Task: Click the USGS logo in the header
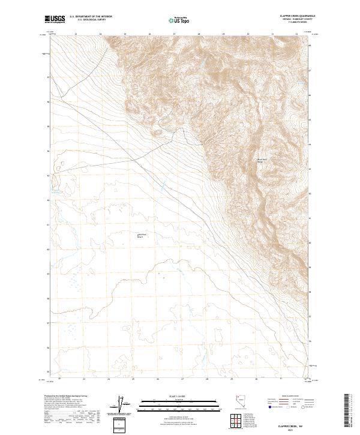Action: coord(55,19)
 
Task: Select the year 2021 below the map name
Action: coord(293,427)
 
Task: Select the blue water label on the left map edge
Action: coord(57,191)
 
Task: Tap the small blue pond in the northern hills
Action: coord(203,62)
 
